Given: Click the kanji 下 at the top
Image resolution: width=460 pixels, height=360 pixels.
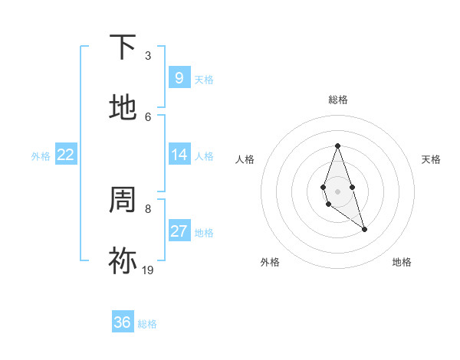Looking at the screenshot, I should (x=123, y=47).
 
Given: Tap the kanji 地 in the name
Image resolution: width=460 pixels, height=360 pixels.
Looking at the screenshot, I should (x=123, y=108).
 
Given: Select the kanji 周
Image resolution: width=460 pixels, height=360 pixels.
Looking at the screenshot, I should (x=123, y=201).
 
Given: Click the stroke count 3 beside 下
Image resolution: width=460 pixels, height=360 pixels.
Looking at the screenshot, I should (x=148, y=56).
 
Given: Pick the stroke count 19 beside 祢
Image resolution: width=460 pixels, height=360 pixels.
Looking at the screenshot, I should (x=148, y=270).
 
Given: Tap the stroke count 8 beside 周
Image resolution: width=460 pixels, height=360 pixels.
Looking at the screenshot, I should (x=148, y=208).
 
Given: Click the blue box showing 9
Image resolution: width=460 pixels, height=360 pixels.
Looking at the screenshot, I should (x=179, y=78).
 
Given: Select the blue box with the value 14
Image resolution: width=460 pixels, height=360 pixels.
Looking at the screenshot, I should (x=179, y=155).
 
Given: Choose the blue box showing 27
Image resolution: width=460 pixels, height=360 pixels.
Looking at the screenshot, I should (x=179, y=231).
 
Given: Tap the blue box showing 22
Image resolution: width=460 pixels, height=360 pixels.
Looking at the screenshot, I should (x=65, y=155).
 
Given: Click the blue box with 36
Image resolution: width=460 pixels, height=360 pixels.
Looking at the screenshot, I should (x=122, y=322).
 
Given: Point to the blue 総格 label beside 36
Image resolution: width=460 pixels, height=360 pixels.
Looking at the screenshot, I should (x=147, y=324).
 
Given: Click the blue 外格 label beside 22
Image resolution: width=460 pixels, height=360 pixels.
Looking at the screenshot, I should (x=41, y=156).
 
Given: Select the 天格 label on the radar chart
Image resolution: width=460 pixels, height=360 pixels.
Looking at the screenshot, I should (x=431, y=159).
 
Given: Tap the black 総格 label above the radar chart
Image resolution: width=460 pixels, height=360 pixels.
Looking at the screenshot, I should (x=337, y=100).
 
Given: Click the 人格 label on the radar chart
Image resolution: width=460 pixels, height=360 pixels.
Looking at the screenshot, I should (x=245, y=159).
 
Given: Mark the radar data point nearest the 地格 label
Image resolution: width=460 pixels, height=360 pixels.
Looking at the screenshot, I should (x=364, y=229).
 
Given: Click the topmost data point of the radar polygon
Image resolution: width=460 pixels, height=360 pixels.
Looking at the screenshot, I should (x=337, y=146).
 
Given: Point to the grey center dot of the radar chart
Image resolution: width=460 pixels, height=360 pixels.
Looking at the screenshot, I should (x=337, y=190).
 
